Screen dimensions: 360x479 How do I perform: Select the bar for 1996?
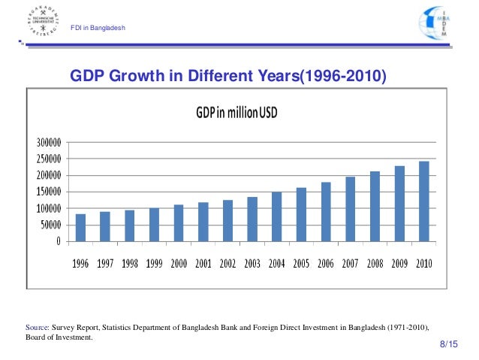tap(80, 228)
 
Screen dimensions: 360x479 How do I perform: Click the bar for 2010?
tap(424, 201)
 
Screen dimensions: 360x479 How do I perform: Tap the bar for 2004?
tap(276, 216)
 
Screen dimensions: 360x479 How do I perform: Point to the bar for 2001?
tap(203, 222)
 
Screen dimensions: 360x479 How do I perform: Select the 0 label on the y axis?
tap(58, 241)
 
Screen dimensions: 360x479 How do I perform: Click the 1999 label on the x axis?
tap(154, 265)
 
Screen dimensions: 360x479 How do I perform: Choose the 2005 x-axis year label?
tap(301, 265)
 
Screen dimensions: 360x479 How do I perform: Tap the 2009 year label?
tap(399, 265)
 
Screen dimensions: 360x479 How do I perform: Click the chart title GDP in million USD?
tap(237, 113)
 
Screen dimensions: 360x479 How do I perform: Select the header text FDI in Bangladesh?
tap(98, 29)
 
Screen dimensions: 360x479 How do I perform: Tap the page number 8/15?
tap(447, 343)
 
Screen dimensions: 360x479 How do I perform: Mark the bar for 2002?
tap(227, 220)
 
